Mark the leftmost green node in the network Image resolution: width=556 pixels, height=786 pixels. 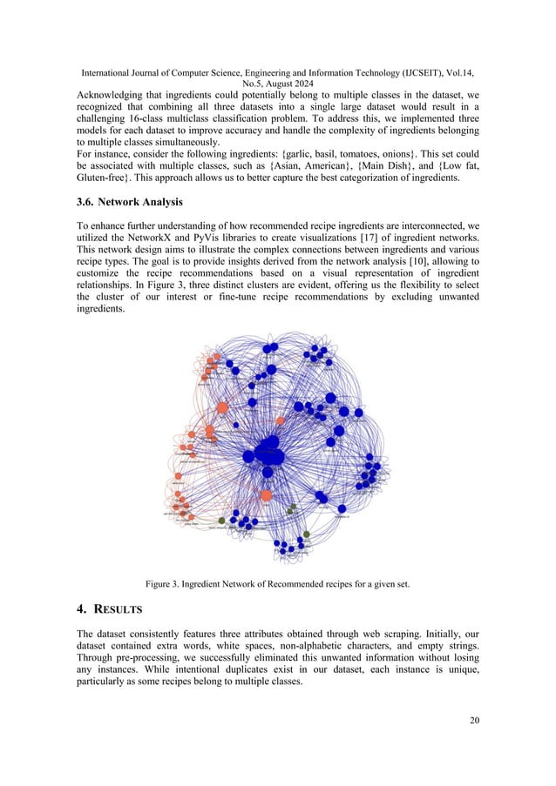(x=221, y=521)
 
